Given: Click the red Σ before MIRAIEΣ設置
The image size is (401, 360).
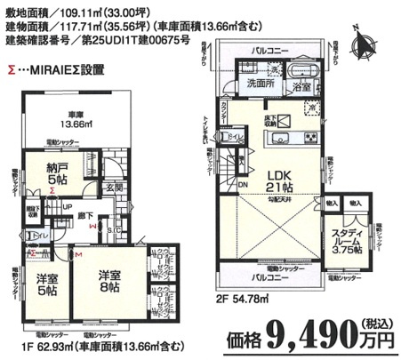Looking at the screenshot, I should click(9, 67).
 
